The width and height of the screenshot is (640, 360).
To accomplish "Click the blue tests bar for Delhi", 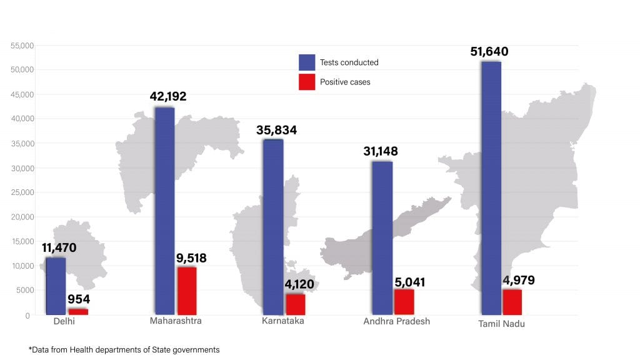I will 56,286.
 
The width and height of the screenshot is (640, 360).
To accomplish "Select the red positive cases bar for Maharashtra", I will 187,291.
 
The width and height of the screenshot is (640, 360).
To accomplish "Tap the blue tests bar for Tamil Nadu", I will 491,187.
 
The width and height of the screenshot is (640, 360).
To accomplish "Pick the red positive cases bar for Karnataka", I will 295,304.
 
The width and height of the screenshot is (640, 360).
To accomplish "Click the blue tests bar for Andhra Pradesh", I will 382,237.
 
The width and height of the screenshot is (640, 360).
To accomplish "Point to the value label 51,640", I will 489,51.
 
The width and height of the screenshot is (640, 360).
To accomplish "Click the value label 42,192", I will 168,97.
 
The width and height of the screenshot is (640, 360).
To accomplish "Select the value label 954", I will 79,299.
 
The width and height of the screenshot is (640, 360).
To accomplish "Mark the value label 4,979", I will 519,280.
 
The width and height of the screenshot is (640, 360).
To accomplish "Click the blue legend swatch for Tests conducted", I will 307,62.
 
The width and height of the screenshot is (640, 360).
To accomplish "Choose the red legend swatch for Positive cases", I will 307,82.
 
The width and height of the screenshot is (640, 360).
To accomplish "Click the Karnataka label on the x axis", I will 283,321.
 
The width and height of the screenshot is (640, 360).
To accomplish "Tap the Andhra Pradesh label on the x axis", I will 396,321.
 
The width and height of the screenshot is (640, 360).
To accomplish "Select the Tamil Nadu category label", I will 501,324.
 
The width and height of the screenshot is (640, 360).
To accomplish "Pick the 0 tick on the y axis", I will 27,316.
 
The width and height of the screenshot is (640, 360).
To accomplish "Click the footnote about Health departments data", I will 124,350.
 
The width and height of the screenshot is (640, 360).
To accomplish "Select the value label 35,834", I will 276,131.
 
